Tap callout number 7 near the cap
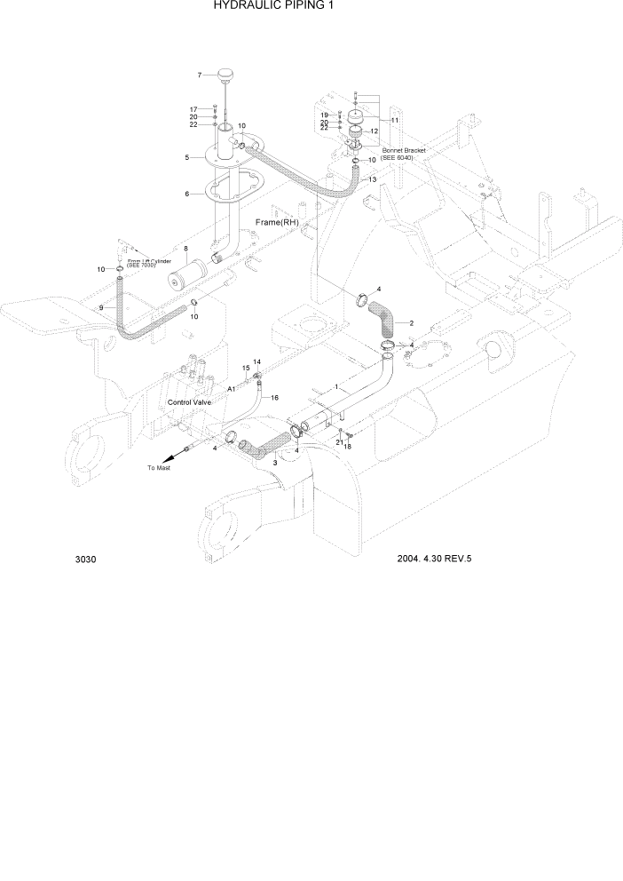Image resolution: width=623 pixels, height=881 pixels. click(x=200, y=75)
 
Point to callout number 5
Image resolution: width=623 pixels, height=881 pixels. click(x=186, y=158)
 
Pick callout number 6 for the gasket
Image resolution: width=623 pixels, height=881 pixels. click(x=186, y=194)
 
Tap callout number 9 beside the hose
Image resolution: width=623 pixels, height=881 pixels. click(x=101, y=307)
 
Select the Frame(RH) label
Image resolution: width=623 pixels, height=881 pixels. click(x=276, y=221)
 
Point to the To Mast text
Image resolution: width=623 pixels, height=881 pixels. click(x=159, y=467)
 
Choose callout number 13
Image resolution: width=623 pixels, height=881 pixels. click(x=372, y=179)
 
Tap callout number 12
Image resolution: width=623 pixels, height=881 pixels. click(x=375, y=131)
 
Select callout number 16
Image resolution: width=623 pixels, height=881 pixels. click(x=274, y=398)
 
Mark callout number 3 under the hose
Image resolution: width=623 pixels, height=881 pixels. click(x=275, y=463)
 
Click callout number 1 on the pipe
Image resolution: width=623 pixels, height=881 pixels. click(x=337, y=386)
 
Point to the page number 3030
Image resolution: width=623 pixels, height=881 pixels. click(x=86, y=560)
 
